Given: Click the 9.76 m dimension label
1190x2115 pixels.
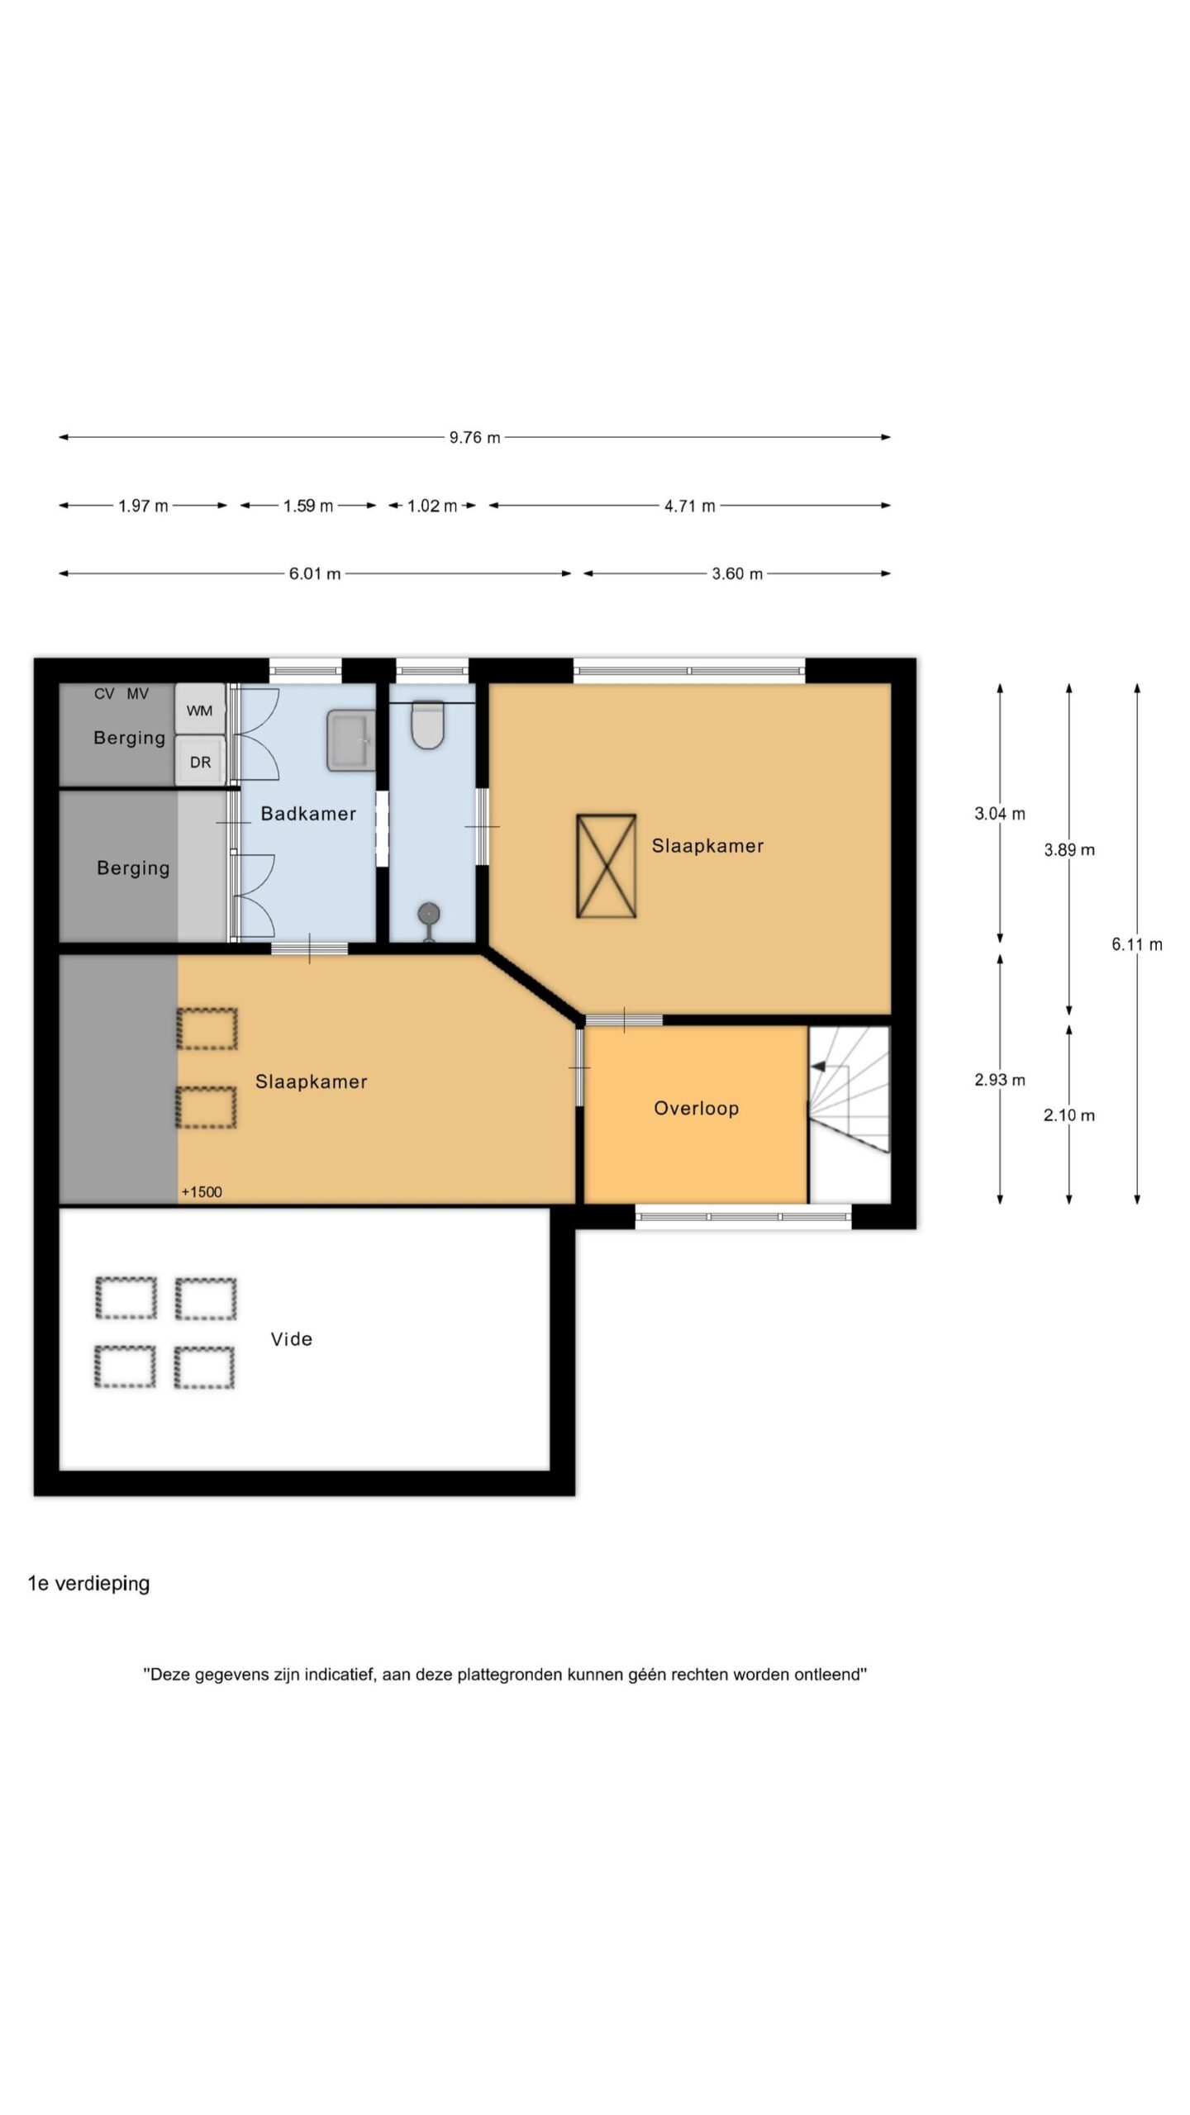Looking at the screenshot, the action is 474,437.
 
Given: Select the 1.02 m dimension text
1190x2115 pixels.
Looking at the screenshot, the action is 431,506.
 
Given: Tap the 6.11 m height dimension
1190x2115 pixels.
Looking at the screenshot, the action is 1136,944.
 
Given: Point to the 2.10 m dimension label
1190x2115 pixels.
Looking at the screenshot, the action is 1069,1115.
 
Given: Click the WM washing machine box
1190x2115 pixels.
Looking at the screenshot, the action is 200,710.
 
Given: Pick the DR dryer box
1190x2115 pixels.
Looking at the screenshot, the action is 200,761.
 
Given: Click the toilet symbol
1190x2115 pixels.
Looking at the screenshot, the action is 428,725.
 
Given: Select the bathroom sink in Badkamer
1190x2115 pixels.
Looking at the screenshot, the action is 350,740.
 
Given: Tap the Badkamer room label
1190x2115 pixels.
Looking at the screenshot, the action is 308,814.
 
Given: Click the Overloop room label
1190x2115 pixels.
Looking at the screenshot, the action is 696,1109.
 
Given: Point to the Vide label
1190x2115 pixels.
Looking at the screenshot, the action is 292,1339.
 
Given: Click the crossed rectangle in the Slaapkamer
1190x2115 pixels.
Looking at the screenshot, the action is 606,866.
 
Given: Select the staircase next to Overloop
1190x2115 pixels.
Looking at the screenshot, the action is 849,1114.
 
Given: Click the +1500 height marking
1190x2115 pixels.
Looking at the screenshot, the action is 202,1191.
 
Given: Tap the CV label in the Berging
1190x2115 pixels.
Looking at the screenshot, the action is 104,694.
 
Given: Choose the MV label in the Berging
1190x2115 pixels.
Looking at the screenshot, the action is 137,694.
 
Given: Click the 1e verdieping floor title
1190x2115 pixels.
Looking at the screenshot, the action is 88,1583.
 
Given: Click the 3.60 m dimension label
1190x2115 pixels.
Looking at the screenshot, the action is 737,573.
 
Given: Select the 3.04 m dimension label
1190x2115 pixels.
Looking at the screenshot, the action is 999,814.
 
